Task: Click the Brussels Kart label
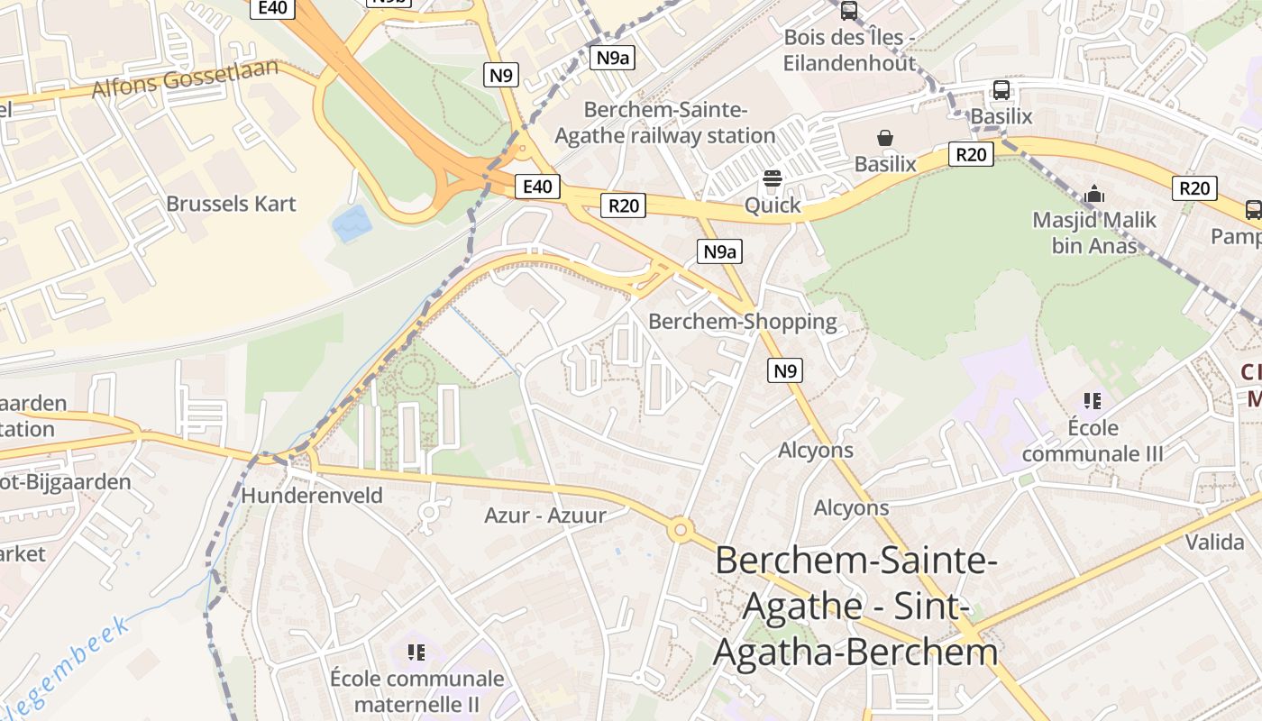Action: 231,204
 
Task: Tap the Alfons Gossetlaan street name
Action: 186,79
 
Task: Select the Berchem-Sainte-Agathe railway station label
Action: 665,123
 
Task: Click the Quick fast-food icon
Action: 772,179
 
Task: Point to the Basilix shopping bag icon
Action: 885,138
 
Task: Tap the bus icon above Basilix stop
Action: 1001,90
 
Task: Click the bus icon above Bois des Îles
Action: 848,11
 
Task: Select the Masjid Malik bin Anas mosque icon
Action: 1094,194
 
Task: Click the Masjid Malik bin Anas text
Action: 1094,233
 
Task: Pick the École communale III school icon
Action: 1093,401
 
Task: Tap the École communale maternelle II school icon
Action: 416,652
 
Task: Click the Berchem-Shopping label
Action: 743,322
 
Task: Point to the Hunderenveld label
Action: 312,495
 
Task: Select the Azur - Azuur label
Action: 545,516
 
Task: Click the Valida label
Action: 1214,542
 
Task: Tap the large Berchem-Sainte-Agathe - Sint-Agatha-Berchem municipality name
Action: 855,606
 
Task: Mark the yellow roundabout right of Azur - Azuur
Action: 680,530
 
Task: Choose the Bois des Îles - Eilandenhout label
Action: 849,50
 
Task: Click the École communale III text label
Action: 1093,441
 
